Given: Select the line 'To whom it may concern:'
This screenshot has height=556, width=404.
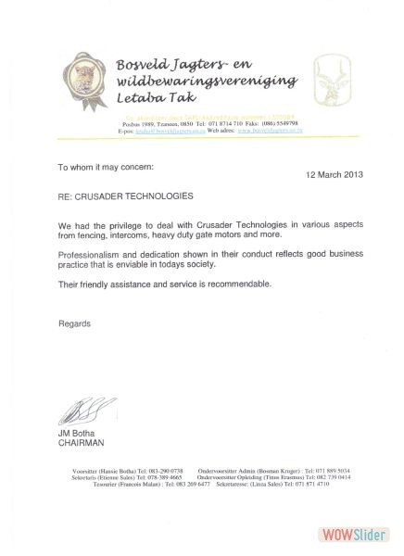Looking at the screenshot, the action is pos(101,167).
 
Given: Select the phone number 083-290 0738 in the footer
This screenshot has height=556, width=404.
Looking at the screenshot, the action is pos(162,471).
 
